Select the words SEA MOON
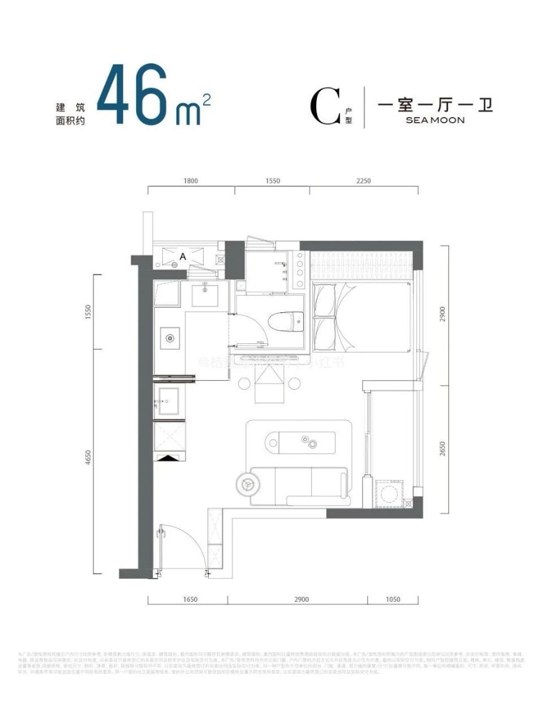point(435,120)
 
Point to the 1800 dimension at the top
point(191,181)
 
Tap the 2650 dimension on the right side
point(442,449)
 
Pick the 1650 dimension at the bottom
point(189,600)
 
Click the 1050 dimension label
point(392,600)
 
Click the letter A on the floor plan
point(183,256)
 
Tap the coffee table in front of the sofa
point(300,442)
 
